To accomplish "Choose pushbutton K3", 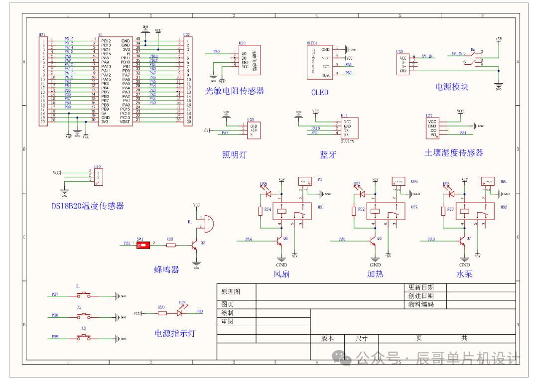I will (84, 338).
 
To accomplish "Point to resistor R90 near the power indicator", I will (161, 313).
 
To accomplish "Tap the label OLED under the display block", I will (320, 92).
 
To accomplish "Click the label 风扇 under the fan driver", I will (281, 274).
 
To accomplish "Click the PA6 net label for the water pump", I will (431, 240).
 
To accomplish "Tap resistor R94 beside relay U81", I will (260, 211).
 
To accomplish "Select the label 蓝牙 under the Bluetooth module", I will (328, 155).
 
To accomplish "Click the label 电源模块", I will (452, 87).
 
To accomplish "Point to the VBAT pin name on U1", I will (125, 121).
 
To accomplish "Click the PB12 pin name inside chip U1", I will (106, 40).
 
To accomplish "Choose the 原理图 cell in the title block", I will (230, 291).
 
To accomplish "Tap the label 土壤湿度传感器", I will (454, 152).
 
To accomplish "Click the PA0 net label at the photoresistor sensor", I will (216, 51).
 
